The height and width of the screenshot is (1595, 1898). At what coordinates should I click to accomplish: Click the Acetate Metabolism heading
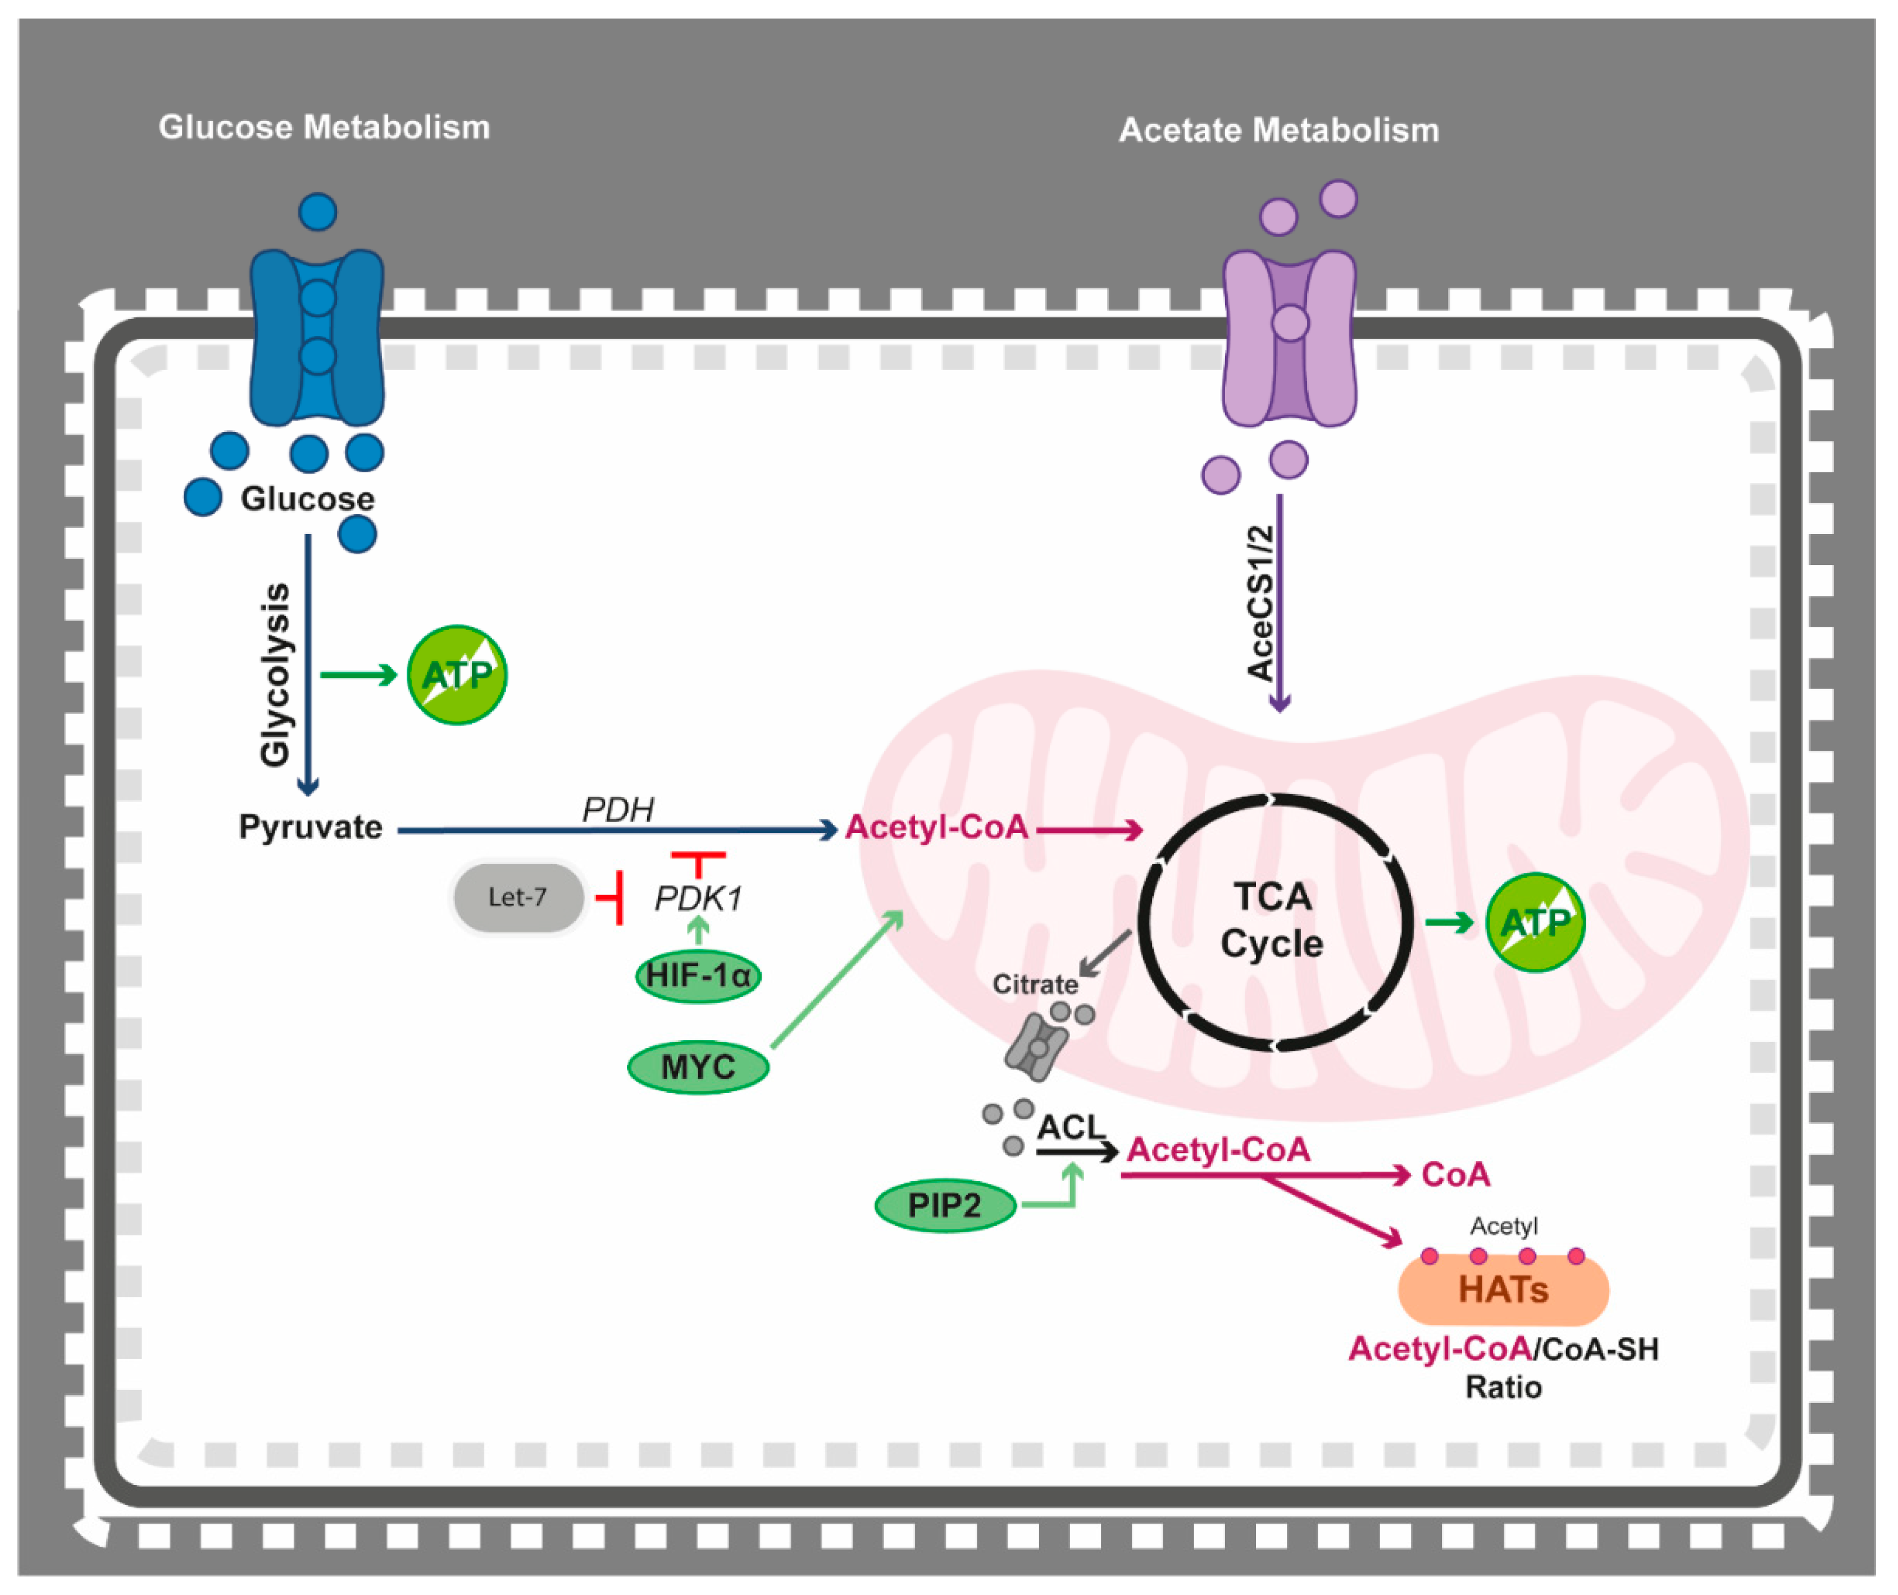[1278, 130]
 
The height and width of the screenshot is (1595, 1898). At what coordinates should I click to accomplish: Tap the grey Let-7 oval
[518, 897]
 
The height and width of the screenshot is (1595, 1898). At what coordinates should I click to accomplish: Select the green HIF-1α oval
[698, 976]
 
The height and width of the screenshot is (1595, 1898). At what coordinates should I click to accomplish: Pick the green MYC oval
[698, 1067]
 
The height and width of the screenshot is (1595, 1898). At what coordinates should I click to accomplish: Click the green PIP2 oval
[945, 1205]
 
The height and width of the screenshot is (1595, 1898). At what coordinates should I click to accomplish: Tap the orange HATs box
[1503, 1289]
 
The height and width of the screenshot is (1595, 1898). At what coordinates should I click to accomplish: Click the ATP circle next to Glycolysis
[457, 675]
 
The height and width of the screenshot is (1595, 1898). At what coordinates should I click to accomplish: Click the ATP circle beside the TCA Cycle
[1535, 922]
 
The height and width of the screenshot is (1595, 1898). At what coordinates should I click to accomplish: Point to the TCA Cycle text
[1271, 920]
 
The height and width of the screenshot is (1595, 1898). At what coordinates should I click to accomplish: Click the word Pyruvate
[310, 827]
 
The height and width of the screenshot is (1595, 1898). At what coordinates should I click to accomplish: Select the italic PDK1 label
[698, 899]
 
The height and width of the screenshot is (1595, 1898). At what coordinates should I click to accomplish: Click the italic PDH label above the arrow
[618, 809]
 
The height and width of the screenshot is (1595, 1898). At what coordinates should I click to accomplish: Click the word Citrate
[1035, 984]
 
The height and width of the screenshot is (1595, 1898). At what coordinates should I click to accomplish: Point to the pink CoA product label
[1455, 1174]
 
